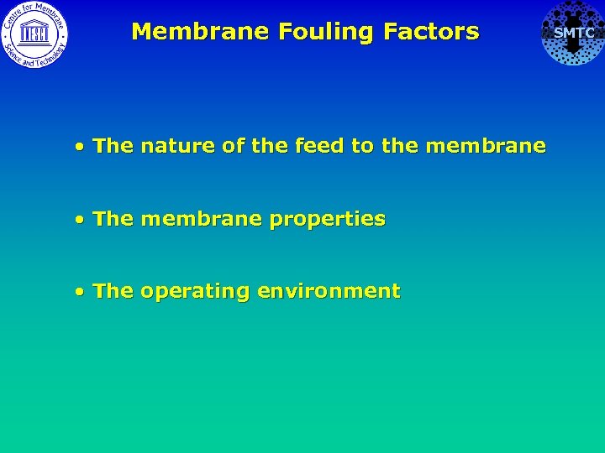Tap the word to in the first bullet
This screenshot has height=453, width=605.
pyautogui.click(x=362, y=146)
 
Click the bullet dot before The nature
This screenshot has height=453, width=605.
pyautogui.click(x=78, y=147)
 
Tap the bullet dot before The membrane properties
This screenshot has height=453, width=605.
pyautogui.click(x=78, y=220)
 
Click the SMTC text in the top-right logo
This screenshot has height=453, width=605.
pyautogui.click(x=574, y=33)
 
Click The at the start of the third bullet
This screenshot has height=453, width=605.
pyautogui.click(x=113, y=292)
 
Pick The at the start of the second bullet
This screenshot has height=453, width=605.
pyautogui.click(x=113, y=219)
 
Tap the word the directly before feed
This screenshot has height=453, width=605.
pyautogui.click(x=269, y=146)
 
